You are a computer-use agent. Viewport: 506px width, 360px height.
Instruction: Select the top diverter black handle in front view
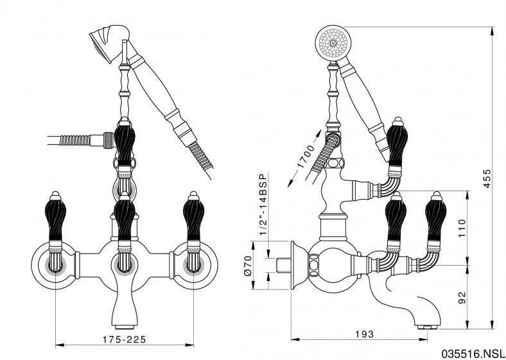click(123, 142)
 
